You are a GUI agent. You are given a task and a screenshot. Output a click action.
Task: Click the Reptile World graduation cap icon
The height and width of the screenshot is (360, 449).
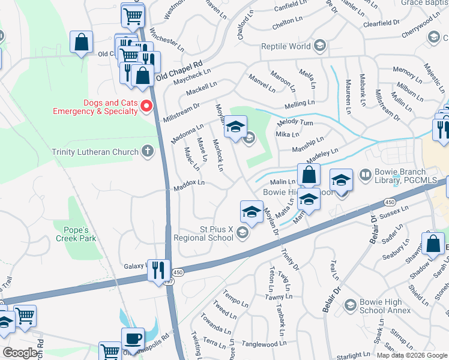point(320,46)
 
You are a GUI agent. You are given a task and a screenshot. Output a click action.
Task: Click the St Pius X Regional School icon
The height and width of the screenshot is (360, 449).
point(243,233)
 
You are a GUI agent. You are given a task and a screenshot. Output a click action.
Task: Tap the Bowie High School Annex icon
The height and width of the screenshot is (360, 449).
point(349,306)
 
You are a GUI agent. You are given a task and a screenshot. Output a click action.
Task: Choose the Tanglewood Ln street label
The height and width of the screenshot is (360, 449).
point(264,344)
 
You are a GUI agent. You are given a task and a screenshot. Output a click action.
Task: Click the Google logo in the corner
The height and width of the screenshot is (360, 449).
point(20,352)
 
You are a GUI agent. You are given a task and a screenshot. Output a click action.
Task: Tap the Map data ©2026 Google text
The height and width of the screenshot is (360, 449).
point(411,355)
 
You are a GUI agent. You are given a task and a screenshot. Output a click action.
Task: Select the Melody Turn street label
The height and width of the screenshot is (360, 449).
point(295,122)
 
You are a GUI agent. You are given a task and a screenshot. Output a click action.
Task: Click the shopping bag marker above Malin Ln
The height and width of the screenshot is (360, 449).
point(309,175)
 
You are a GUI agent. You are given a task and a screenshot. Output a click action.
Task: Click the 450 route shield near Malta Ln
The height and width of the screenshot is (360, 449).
point(390,202)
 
